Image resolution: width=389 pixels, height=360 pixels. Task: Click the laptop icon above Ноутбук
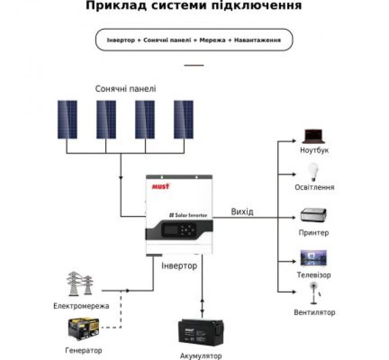[313, 136]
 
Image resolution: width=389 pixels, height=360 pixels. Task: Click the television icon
[314, 258]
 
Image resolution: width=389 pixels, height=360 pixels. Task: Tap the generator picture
[83, 329]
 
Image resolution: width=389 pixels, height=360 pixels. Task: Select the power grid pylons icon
[80, 284]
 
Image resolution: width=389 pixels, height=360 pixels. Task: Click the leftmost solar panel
[68, 119]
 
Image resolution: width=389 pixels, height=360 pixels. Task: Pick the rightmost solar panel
[184, 119]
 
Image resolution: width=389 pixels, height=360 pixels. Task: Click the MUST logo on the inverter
[159, 186]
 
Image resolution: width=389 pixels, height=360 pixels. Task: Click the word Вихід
[242, 212]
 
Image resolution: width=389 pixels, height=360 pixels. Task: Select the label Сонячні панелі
[125, 89]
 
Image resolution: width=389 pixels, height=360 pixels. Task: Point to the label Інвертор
[179, 266]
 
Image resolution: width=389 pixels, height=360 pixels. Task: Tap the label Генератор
[84, 350]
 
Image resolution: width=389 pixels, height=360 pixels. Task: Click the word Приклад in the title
[112, 7]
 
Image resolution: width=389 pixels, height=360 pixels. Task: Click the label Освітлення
[314, 187]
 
